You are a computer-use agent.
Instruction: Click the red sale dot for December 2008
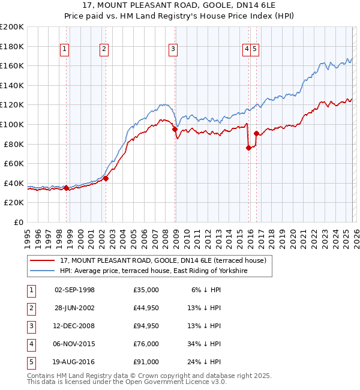[175, 129]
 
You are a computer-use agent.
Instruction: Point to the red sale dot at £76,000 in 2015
[248, 148]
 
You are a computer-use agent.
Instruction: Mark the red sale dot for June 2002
[106, 178]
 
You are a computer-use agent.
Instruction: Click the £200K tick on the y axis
[12, 27]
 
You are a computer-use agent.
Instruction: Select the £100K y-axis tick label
[12, 124]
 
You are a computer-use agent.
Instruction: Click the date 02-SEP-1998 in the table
[74, 290]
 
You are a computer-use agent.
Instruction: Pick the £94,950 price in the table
[146, 326]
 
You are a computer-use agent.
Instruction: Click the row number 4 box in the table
[29, 344]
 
